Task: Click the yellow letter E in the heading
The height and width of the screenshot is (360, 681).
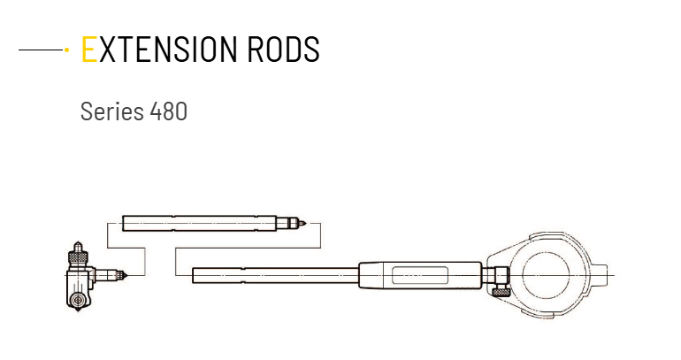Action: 88,49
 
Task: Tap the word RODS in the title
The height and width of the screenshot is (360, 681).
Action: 283,49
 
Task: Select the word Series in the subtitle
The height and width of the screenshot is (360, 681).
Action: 112,111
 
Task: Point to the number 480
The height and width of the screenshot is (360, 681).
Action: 169,111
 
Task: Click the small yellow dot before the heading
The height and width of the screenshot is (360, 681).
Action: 66,50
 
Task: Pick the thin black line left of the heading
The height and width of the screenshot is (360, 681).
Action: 41,50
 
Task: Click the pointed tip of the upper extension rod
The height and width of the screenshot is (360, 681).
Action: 306,224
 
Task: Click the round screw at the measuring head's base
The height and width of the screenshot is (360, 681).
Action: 78,300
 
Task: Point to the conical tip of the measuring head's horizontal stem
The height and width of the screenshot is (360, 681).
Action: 126,275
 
